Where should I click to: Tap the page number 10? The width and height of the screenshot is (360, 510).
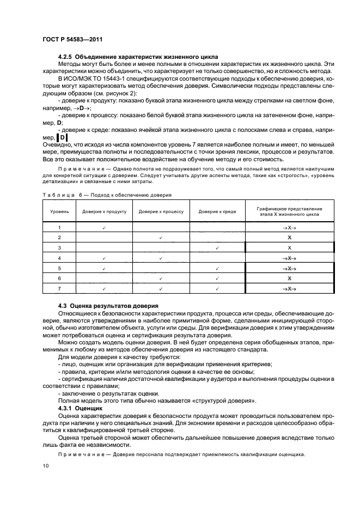point(46,465)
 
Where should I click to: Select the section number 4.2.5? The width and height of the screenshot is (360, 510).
point(66,57)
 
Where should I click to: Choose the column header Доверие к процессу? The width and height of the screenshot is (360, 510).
point(161,211)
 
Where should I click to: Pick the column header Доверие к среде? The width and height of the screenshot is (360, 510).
point(217,211)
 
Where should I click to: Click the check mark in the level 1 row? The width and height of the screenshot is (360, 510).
point(104,227)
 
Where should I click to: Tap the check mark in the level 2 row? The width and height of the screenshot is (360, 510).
point(161,238)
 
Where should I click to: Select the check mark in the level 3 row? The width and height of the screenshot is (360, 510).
point(217,248)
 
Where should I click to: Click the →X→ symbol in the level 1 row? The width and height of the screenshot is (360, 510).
point(289,227)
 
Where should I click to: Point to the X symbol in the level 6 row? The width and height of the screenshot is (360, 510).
point(289,278)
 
